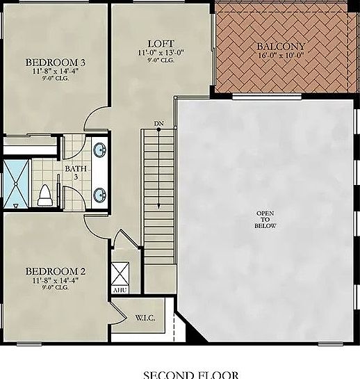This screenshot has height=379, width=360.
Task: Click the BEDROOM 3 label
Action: tap(54, 60)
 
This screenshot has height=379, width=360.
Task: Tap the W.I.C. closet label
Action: tap(145, 318)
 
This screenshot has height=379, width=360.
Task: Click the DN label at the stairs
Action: tap(159, 124)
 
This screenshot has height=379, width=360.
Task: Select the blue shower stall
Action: tap(13, 184)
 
